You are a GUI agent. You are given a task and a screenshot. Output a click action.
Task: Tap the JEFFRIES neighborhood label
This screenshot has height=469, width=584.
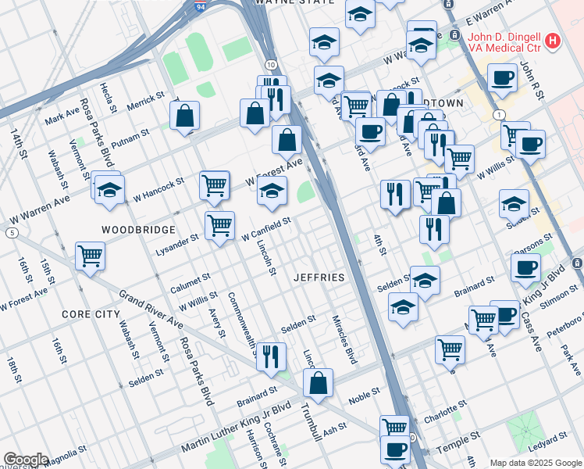click(x=319, y=277)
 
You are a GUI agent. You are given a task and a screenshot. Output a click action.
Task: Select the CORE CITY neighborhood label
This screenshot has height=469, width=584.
click(x=91, y=313)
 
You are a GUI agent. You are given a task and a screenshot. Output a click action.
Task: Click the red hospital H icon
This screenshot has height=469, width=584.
click(x=553, y=40)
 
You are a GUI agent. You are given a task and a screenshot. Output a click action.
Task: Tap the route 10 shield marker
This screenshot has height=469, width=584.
click(x=269, y=64)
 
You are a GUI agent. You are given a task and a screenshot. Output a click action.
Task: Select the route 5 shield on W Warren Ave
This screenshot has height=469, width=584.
click(x=11, y=232)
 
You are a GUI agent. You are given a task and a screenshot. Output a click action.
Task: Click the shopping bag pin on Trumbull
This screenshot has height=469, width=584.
click(x=319, y=383)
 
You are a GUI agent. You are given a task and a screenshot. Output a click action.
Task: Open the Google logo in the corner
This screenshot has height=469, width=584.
click(x=26, y=460)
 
